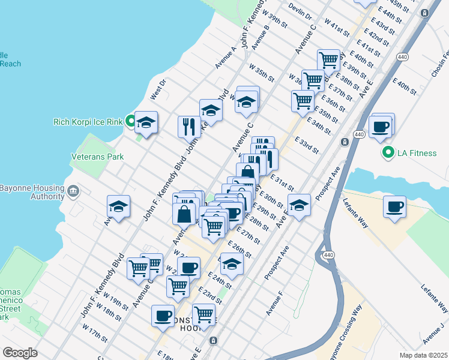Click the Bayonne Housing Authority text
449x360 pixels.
(31, 190)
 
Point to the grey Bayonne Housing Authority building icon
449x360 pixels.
(73, 191)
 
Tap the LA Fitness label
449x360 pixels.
(417, 153)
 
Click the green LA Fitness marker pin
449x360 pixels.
(388, 153)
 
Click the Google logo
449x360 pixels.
(19, 352)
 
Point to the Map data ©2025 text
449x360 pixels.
(423, 355)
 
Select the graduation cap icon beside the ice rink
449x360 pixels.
(146, 124)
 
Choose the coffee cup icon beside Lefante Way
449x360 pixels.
(395, 206)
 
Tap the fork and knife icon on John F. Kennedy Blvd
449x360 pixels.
(190, 126)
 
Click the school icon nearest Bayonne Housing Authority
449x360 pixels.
(119, 207)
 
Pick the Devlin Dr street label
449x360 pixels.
(301, 11)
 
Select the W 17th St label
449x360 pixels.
(94, 334)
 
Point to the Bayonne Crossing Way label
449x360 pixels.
(351, 329)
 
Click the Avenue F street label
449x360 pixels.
(274, 305)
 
